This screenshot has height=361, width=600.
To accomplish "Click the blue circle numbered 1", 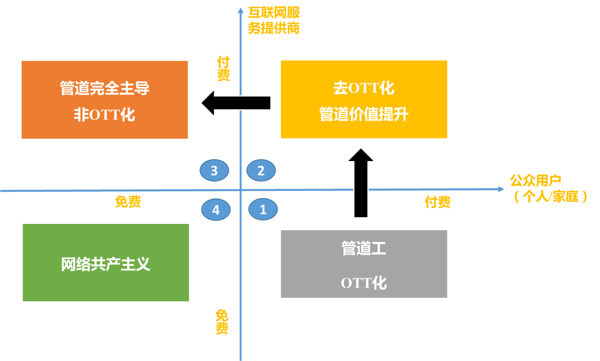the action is tap(263, 209).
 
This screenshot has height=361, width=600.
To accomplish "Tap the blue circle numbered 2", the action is tap(261, 170).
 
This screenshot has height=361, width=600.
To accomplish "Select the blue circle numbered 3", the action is tap(214, 170).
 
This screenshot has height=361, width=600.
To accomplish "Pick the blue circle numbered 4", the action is tap(216, 210).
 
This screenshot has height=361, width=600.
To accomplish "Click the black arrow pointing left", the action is tap(236, 103).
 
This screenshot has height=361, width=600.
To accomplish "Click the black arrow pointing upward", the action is tap(361, 183).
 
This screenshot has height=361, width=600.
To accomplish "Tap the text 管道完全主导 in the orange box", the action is tap(104, 88).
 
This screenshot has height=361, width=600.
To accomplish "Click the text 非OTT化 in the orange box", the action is tap(104, 115).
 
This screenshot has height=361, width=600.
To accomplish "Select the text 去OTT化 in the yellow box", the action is tap(364, 88).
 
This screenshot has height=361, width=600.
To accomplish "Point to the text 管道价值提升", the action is tap(364, 114).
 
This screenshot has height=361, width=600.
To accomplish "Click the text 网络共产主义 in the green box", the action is tap(106, 264).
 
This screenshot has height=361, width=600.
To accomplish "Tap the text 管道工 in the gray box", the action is tap(364, 248).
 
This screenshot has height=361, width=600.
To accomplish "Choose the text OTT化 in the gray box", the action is tap(364, 283).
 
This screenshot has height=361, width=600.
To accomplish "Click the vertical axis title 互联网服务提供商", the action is tap(274, 20).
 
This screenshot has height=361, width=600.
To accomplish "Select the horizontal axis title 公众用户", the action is tap(536, 180).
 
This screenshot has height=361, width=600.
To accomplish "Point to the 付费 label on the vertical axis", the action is tap(223, 68).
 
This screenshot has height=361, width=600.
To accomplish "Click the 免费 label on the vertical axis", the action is tap(222, 322).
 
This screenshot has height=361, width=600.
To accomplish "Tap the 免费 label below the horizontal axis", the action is tap(128, 202).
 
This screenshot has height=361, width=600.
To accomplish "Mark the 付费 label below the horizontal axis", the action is tap(438, 202).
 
